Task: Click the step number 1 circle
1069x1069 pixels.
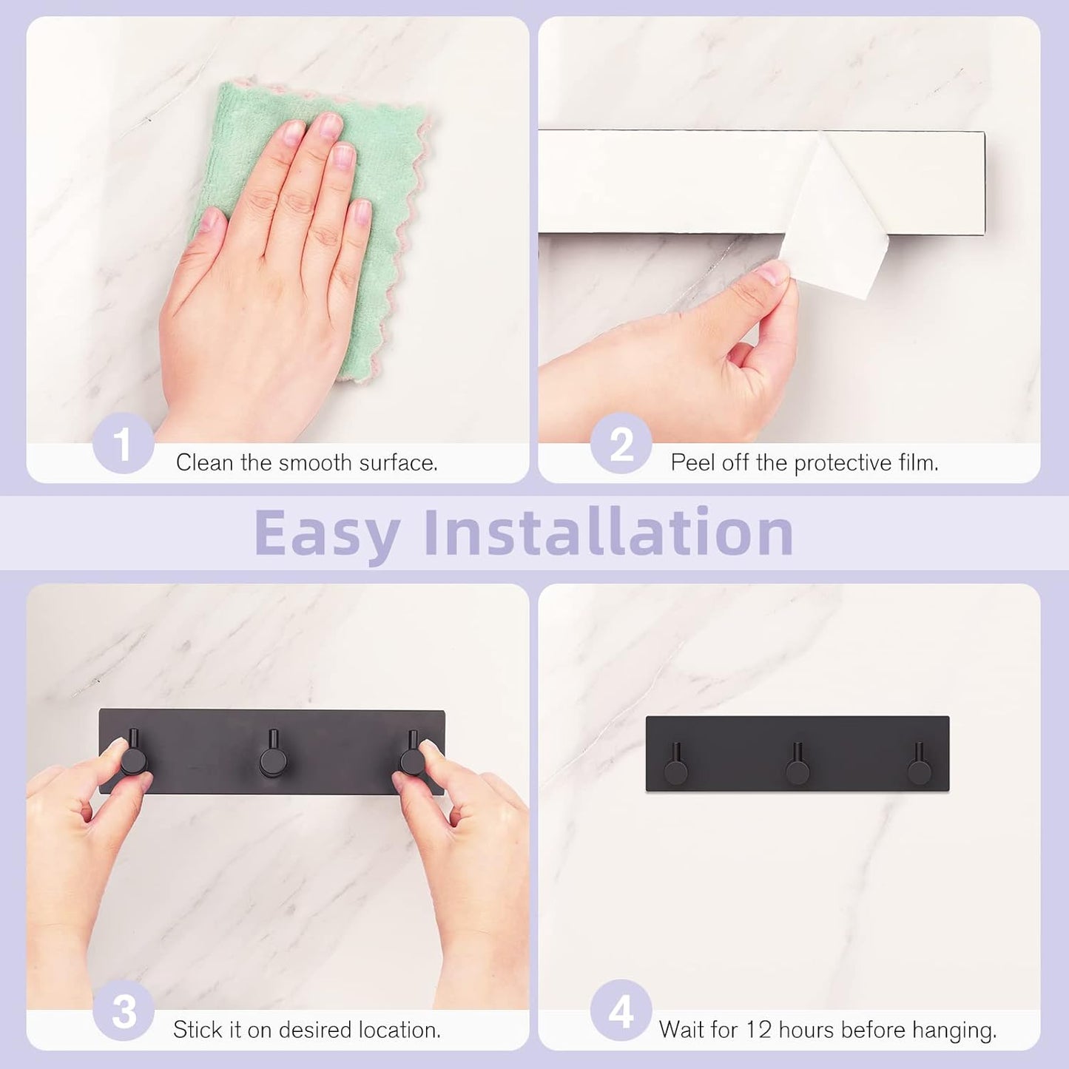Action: pos(123,442)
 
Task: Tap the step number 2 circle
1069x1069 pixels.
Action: pos(621,442)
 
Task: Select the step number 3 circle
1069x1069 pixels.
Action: pos(123,1010)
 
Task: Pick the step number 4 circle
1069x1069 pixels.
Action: pos(621,1010)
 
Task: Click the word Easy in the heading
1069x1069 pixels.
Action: pos(327,533)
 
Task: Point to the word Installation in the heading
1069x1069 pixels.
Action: pos(609,531)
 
